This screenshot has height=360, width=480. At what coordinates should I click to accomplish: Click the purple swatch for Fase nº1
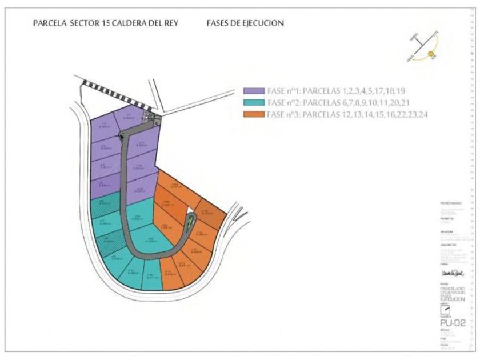point(254,91)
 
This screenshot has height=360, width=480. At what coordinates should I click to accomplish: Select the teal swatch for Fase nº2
point(254,103)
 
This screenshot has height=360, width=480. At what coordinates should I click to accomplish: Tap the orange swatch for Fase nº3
point(254,115)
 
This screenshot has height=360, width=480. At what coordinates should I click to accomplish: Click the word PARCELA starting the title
point(49,23)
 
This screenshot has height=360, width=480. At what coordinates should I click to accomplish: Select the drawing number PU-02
point(452,323)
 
